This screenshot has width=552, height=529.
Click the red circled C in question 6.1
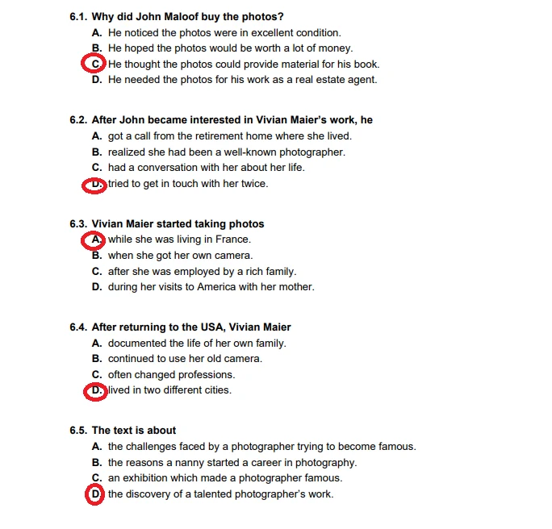(x=95, y=64)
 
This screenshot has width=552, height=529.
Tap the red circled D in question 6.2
(x=95, y=184)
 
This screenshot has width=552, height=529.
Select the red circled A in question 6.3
(x=95, y=240)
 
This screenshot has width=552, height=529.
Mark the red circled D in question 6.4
(x=95, y=391)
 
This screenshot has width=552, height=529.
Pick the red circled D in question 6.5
(x=95, y=494)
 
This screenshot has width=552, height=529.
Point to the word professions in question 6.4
(x=208, y=375)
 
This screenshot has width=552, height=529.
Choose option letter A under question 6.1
(x=96, y=33)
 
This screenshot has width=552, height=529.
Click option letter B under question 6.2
(x=96, y=152)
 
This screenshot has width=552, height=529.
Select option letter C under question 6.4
(x=96, y=375)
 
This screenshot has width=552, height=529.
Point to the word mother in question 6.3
(x=297, y=287)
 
